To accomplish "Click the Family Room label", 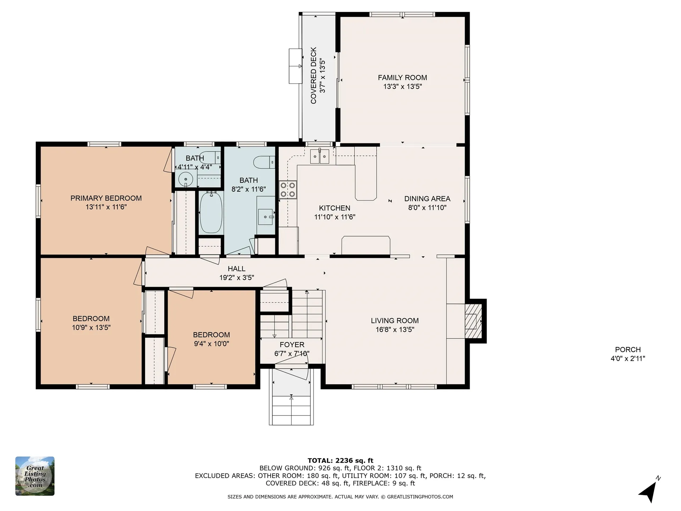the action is pos(402,77).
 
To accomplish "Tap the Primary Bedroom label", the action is pos(106,198).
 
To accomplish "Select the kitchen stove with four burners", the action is pos(288,189).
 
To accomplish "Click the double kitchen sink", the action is pos(320,156).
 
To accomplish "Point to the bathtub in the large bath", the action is pos(211,212).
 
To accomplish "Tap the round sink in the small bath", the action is pos(185,179).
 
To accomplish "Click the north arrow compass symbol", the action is pos(650,491).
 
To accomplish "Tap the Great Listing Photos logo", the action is pos(35,476).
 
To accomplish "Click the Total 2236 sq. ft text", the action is pos(340,461).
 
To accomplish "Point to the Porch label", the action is pos(628,349).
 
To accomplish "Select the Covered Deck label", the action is pos(314,76).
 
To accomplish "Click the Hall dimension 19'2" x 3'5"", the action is pos(237,278).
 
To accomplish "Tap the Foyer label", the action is pos(292,345).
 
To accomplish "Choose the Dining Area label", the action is pos(427,199).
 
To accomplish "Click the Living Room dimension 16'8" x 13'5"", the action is pos(395,329).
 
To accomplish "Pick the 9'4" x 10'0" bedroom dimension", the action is pos(211,344).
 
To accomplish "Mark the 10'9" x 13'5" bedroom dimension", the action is pos(91,327).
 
